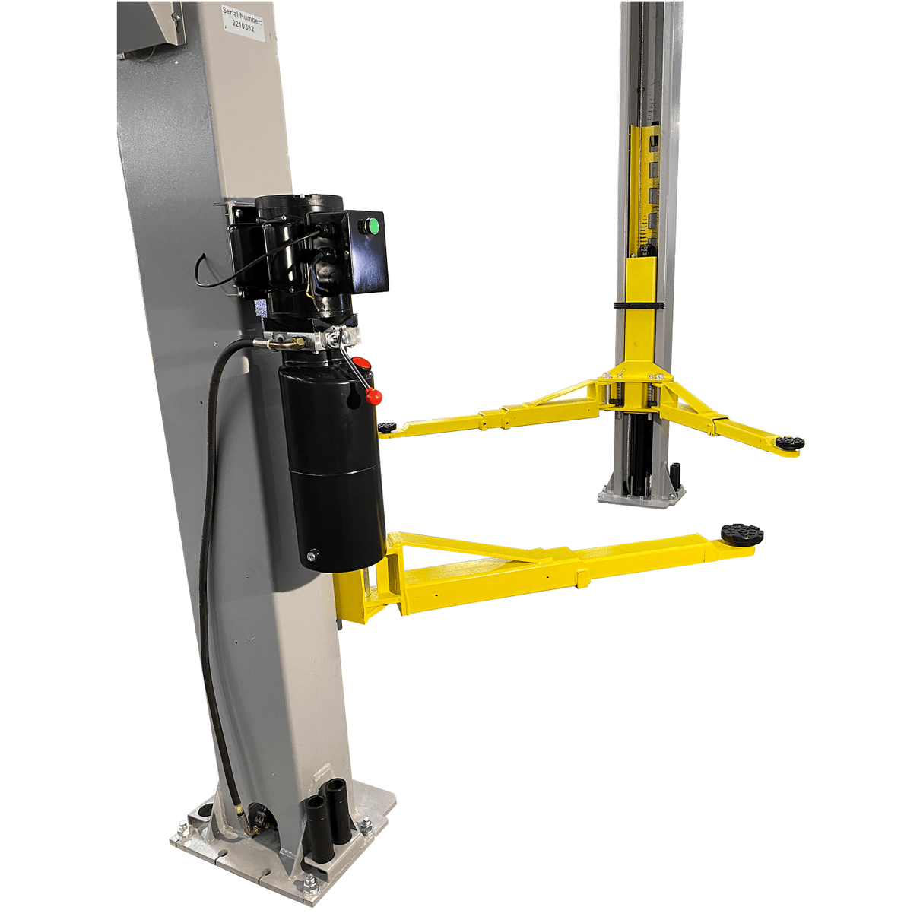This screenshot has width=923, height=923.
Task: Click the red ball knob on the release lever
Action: click(x=373, y=396)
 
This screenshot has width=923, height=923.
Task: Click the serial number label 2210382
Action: click(x=243, y=20)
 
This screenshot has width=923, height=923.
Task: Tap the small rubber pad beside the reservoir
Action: click(x=388, y=427)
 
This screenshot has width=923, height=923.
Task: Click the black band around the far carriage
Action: click(x=639, y=306)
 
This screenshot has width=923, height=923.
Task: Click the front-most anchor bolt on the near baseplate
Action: click(x=310, y=883)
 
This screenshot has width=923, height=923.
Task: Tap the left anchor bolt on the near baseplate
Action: click(x=182, y=829)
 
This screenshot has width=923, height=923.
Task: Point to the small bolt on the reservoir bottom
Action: click(x=310, y=557)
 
